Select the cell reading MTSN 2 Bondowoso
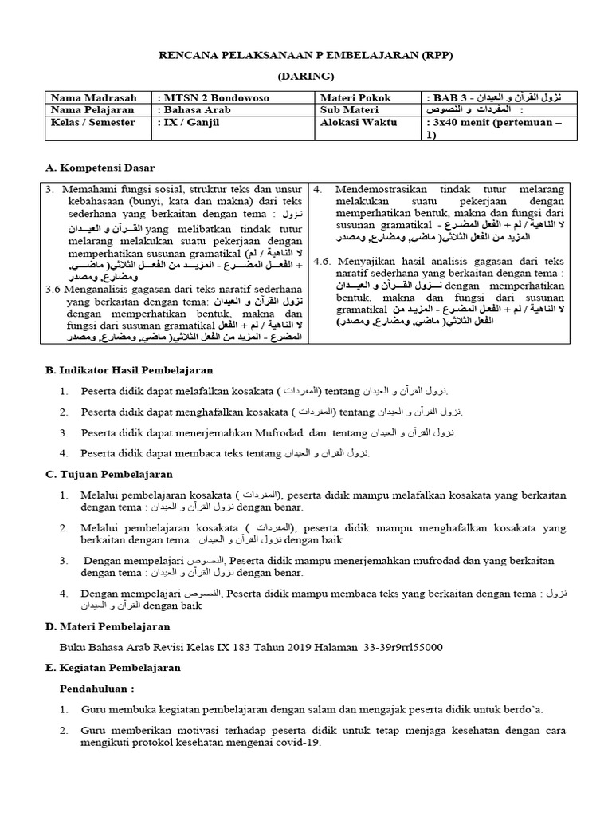[215, 98]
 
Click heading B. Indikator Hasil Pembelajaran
[128, 370]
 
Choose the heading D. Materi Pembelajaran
[108, 626]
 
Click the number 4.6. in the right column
[323, 261]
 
